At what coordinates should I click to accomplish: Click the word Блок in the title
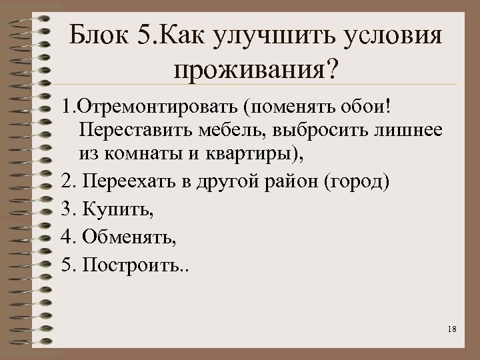[99, 34]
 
